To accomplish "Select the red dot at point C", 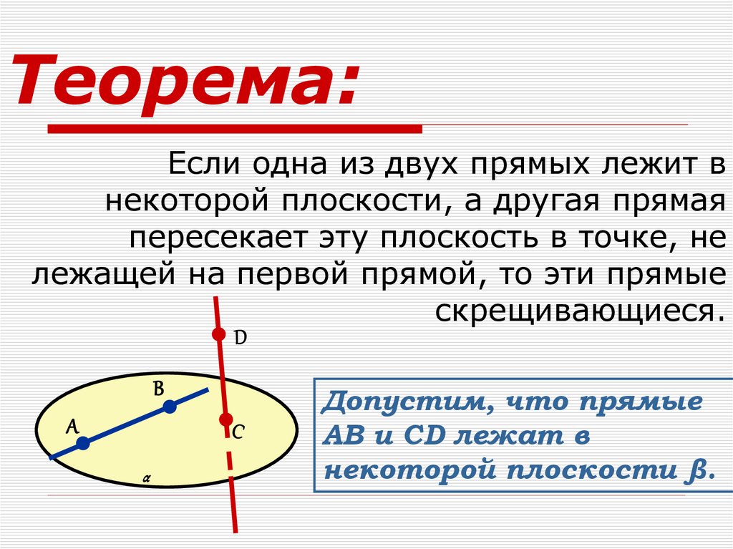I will pyautogui.click(x=225, y=419).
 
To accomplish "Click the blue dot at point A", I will pyautogui.click(x=83, y=444).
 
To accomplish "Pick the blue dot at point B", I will pyautogui.click(x=169, y=407).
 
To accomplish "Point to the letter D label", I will pyautogui.click(x=241, y=336).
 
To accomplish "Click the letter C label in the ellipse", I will pyautogui.click(x=238, y=432).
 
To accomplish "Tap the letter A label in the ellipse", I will pyautogui.click(x=72, y=427).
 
